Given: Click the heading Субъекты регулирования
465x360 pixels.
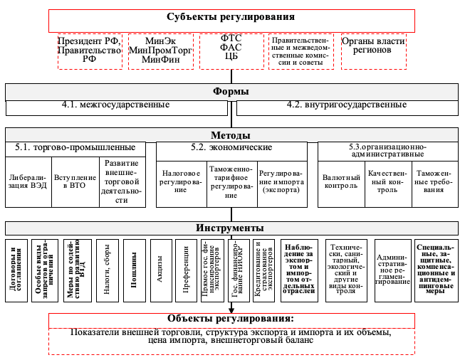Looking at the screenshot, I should pyautogui.click(x=231, y=17).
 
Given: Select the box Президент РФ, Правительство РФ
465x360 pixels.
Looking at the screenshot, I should pyautogui.click(x=89, y=51).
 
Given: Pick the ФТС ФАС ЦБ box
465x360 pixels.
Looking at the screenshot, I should pyautogui.click(x=231, y=51).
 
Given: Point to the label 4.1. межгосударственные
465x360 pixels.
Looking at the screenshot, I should pyautogui.click(x=115, y=105).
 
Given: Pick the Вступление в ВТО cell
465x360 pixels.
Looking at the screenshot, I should pyautogui.click(x=74, y=181).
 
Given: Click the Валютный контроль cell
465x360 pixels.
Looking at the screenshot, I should pyautogui.click(x=340, y=181).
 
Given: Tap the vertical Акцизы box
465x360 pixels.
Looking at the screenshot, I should pyautogui.click(x=160, y=270).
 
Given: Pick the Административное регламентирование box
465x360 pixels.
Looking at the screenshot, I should pyautogui.click(x=392, y=270).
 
